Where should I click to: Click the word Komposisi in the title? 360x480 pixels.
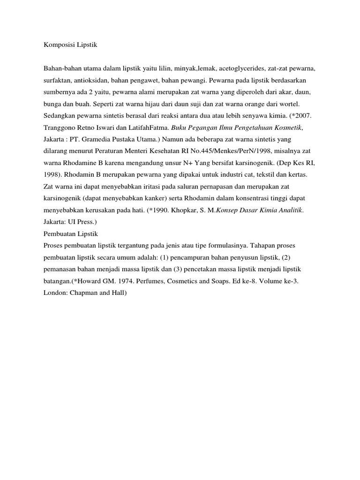coord(58,46)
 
